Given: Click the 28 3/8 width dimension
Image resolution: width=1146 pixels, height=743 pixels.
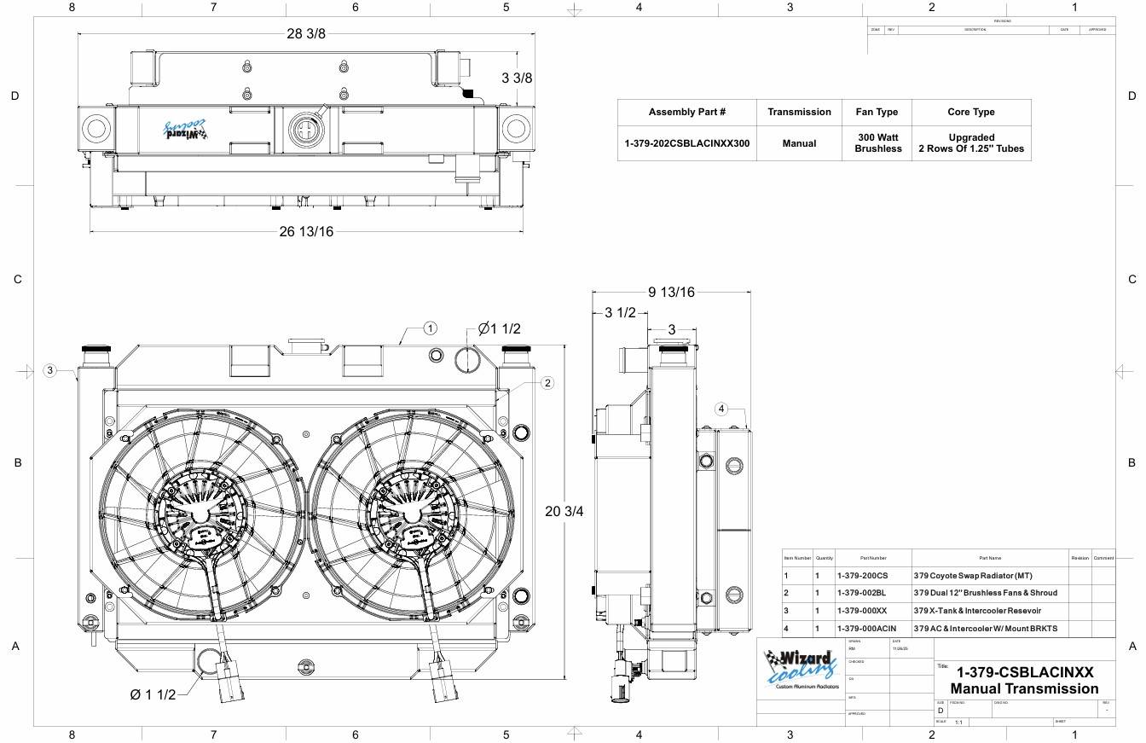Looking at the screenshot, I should (x=305, y=33).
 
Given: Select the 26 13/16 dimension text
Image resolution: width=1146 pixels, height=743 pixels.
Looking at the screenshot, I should (x=306, y=231).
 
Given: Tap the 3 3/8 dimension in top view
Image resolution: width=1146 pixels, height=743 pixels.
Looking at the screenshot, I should (x=517, y=78).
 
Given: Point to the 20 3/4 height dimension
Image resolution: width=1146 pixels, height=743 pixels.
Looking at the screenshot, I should (x=564, y=511).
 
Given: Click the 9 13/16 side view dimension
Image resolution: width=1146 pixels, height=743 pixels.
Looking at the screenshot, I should (x=671, y=292).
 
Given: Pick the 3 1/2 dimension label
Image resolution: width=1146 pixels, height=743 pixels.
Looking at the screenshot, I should (x=620, y=312).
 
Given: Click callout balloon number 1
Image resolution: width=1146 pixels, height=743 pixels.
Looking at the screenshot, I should (x=431, y=328).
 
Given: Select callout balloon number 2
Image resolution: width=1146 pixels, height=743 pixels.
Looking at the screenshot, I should (x=547, y=383).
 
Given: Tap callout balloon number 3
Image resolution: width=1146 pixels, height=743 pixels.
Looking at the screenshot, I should (x=50, y=370).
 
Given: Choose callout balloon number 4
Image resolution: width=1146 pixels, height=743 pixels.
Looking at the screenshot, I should (x=721, y=409).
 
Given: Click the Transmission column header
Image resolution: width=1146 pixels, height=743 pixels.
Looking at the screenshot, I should (x=799, y=112).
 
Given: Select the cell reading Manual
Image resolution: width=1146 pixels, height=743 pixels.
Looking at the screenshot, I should (x=799, y=143).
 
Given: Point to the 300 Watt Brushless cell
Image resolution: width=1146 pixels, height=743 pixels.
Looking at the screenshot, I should (x=877, y=143).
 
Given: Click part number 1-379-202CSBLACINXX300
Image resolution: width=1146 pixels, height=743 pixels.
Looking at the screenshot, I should (x=687, y=143).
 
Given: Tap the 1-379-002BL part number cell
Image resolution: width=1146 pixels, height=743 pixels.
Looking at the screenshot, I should (x=862, y=593).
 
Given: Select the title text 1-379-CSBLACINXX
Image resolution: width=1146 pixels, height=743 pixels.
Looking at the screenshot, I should (x=1024, y=672).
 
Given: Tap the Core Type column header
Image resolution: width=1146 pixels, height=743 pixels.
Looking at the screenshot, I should (x=970, y=112).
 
